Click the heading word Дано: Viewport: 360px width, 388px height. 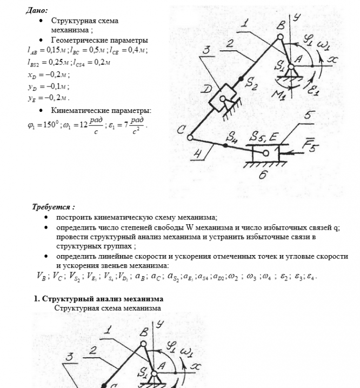[x=37, y=10]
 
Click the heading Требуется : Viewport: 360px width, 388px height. [x=54, y=207]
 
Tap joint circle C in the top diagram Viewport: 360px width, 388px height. [x=190, y=137]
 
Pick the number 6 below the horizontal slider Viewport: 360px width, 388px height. [x=263, y=175]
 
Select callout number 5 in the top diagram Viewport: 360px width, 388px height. [x=308, y=115]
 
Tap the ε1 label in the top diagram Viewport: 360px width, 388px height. [x=314, y=86]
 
